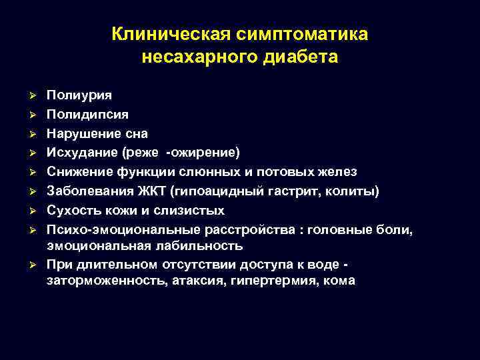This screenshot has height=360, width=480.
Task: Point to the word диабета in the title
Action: coord(304,57)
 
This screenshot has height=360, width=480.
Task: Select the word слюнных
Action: coord(222,172)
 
